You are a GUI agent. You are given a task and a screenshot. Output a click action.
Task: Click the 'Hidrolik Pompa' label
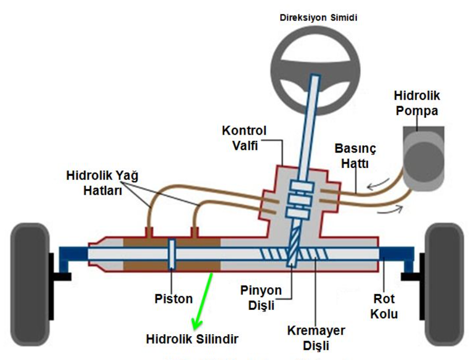coord(416,103)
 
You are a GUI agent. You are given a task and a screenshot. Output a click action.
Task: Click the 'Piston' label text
coord(173,299)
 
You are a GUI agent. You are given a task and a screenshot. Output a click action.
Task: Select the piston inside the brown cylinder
coord(172,254)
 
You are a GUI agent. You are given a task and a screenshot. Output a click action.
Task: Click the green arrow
coord(204,300)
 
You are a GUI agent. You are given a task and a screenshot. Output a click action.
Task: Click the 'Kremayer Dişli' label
coord(316,338)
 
